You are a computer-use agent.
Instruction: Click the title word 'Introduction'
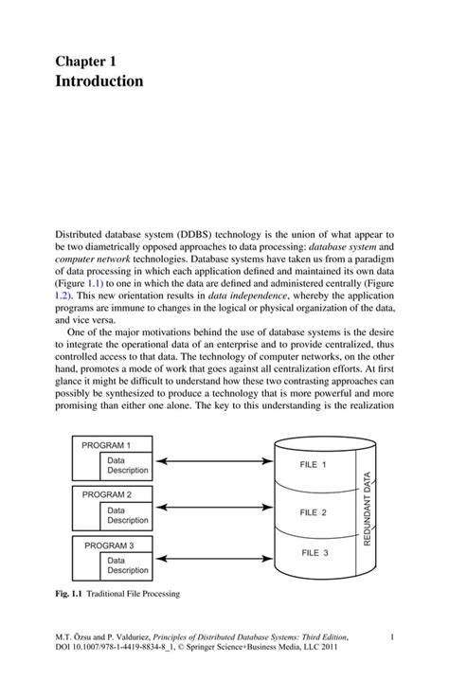99,81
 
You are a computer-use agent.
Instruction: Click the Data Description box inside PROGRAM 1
127,463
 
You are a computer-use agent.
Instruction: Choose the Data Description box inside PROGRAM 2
127,514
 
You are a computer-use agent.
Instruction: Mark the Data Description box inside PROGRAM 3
127,564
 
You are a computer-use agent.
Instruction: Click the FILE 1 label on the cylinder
313,465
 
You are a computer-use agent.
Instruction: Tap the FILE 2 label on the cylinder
313,512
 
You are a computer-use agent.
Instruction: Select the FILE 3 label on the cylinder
313,552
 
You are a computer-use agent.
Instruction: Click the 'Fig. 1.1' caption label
68,595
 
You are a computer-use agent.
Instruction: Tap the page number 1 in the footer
391,641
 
